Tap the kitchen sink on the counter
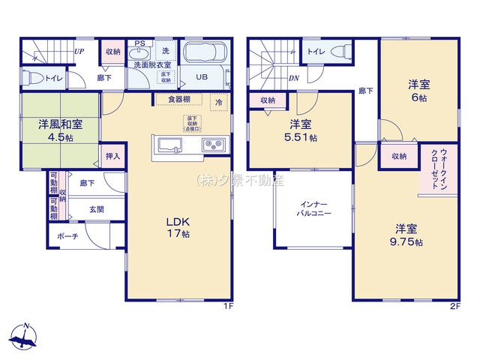pyautogui.click(x=169, y=144)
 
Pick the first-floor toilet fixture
pyautogui.click(x=30, y=76)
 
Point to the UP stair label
pyautogui.click(x=78, y=52)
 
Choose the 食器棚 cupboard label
pyautogui.click(x=178, y=99)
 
